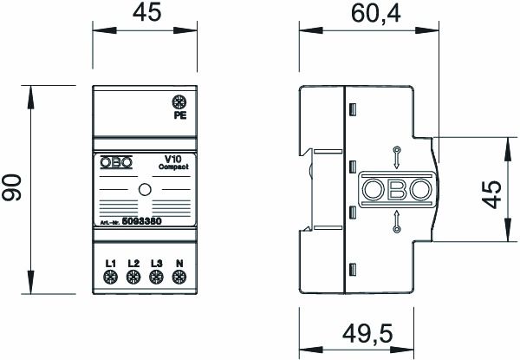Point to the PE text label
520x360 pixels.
point(180,115)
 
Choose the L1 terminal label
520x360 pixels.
point(111,263)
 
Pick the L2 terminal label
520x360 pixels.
point(133,263)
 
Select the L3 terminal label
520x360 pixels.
point(156,263)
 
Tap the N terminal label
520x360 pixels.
point(179,263)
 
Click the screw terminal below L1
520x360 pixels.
point(111,278)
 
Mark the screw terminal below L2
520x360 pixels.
point(133,278)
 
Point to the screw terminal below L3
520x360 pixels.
point(156,278)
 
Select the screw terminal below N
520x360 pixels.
point(179,278)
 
